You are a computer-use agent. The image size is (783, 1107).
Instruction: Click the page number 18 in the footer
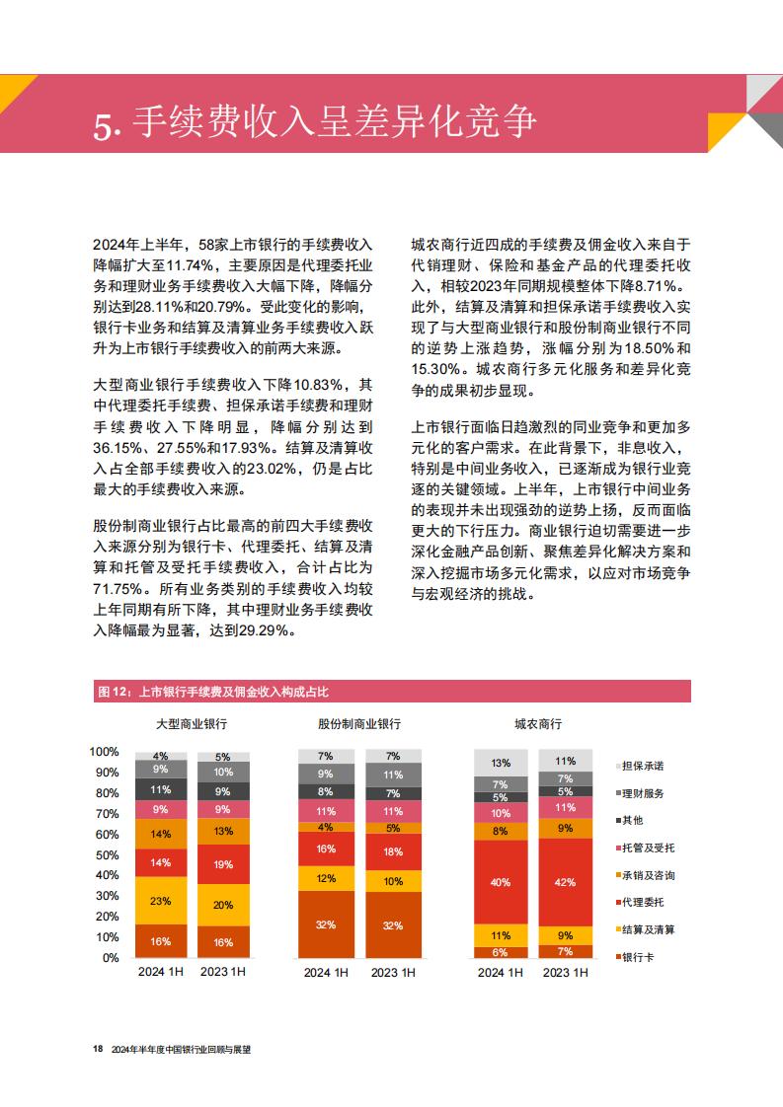[x=98, y=1049]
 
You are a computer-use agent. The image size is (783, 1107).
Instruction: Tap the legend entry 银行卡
[x=638, y=957]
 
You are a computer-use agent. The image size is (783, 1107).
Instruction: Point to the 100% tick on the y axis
[x=104, y=752]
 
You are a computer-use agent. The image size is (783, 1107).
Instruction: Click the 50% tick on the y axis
[x=108, y=855]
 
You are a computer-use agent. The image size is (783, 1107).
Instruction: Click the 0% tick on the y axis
[x=111, y=958]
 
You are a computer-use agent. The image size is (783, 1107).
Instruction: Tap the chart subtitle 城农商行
[x=538, y=724]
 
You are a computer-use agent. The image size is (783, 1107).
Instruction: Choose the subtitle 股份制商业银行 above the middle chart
[x=359, y=724]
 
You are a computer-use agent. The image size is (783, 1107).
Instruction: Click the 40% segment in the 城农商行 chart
[x=501, y=882]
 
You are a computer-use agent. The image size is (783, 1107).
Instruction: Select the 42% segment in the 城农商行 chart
[x=566, y=882]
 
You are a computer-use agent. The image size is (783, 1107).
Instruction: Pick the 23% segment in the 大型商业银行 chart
[x=160, y=901]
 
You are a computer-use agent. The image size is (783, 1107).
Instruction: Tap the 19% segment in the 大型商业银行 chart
[x=223, y=864]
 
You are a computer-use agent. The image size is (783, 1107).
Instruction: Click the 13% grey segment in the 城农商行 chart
[x=501, y=764]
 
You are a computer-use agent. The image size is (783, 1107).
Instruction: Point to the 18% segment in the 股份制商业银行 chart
[x=393, y=852]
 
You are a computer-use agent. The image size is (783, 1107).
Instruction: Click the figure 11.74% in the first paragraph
[x=190, y=265]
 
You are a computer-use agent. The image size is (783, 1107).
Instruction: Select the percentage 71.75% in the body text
[x=117, y=589]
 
